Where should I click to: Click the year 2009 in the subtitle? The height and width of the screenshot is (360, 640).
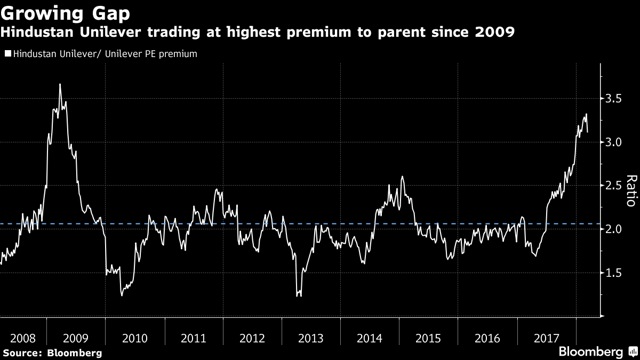pyautogui.click(x=496, y=33)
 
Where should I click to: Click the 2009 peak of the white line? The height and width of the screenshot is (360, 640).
pyautogui.click(x=60, y=85)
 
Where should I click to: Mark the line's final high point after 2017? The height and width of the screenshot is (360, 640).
pyautogui.click(x=585, y=115)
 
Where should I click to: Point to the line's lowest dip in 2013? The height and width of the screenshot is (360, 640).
pyautogui.click(x=298, y=295)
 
